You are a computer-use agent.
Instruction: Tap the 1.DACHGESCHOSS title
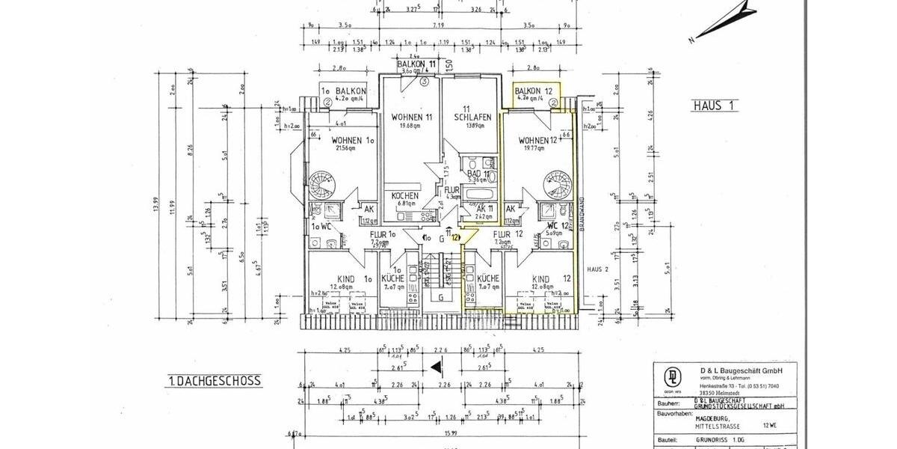214,381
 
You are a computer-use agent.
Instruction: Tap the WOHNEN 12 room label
538,140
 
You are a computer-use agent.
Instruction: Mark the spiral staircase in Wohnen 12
556,183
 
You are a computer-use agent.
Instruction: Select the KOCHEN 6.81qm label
407,198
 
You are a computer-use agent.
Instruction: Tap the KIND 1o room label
340,279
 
